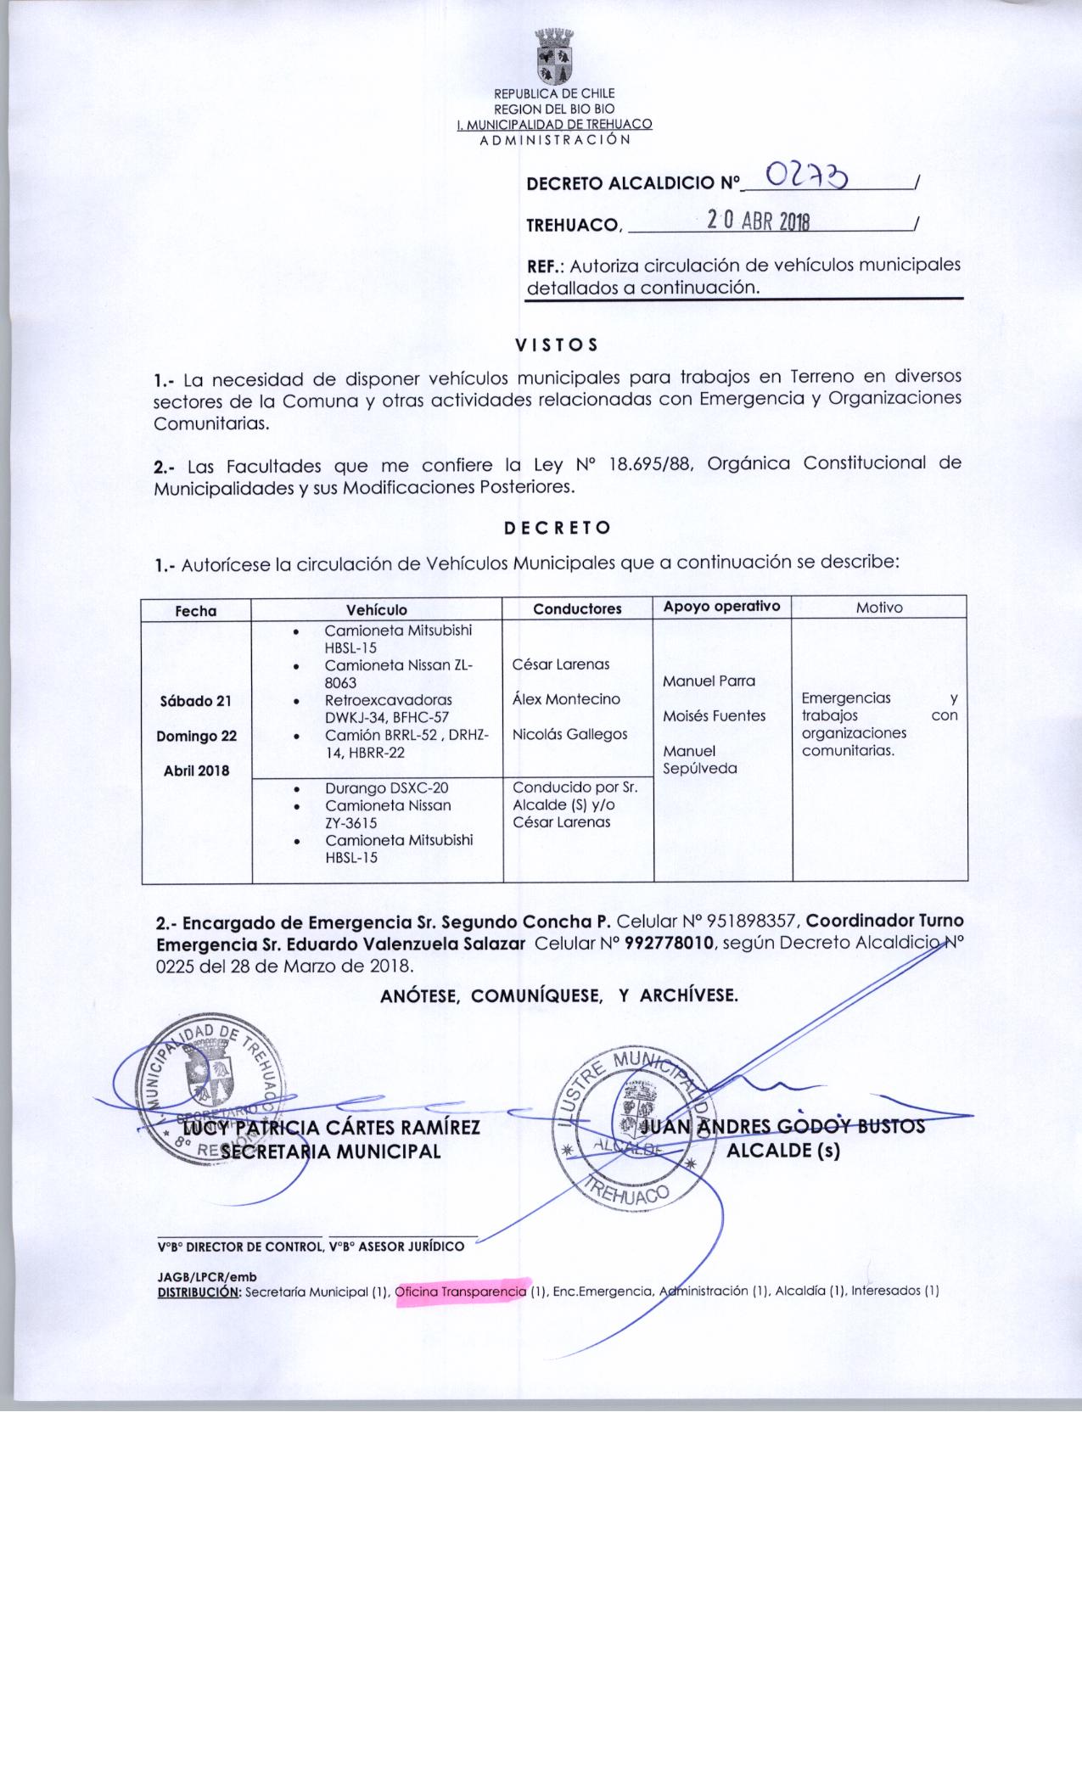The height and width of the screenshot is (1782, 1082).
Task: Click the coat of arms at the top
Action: click(554, 57)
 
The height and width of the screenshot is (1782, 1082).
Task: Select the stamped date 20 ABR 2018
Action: click(759, 222)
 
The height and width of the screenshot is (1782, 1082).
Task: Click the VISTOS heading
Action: click(557, 345)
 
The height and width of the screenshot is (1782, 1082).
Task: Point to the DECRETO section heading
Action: click(558, 528)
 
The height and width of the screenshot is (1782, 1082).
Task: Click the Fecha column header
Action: click(196, 611)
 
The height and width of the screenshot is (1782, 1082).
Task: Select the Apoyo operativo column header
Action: click(721, 607)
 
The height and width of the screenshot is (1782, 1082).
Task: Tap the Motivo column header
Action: click(879, 608)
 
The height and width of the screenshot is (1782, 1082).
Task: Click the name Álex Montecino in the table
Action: click(566, 699)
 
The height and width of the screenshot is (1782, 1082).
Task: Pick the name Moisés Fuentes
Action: click(714, 716)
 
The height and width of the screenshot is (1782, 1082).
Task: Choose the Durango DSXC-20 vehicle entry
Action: click(387, 788)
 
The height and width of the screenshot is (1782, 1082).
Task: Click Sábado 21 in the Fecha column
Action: click(195, 701)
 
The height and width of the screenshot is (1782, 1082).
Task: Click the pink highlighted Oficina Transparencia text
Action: click(462, 1292)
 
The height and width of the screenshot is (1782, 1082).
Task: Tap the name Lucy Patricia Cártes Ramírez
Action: click(333, 1128)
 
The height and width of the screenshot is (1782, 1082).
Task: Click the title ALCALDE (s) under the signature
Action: click(783, 1152)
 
